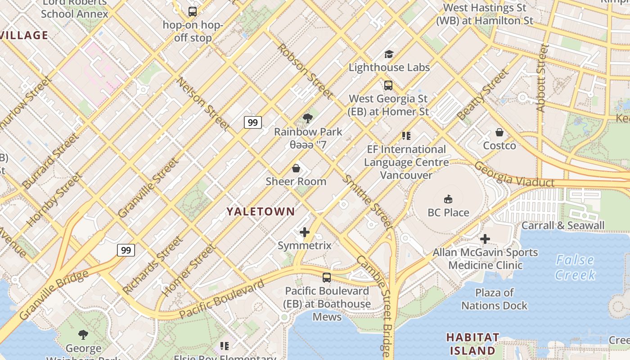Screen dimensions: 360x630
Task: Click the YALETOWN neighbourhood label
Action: tap(261, 211)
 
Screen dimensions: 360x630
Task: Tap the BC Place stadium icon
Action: tap(448, 199)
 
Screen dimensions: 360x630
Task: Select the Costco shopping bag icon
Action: tap(499, 132)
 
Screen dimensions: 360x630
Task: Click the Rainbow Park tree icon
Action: tap(308, 119)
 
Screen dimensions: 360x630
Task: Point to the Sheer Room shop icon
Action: tap(296, 168)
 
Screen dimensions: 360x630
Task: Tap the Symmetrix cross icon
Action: tap(305, 232)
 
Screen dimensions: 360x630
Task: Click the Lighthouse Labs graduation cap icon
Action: tap(389, 54)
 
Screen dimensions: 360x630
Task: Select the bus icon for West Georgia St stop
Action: tap(388, 85)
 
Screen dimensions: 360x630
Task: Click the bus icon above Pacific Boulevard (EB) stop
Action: tap(327, 278)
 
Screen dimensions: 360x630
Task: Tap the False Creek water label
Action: tap(575, 267)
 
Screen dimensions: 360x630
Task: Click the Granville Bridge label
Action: tap(54, 295)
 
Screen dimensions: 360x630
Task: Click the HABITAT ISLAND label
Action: tap(472, 344)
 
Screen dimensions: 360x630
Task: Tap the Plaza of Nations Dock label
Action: tap(494, 299)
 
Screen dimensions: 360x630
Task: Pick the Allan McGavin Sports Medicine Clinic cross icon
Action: tap(485, 239)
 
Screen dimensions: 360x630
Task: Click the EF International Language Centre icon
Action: tap(406, 135)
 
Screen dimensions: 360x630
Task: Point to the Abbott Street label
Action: tap(541, 77)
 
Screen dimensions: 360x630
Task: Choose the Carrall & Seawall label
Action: tap(563, 225)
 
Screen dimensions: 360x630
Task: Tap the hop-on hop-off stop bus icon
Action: tap(193, 12)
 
